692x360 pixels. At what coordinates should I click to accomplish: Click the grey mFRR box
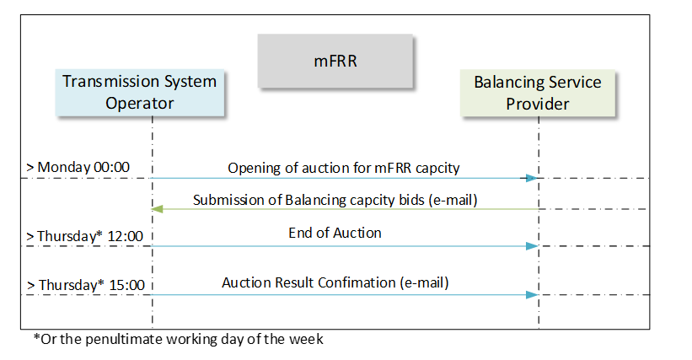point(335,61)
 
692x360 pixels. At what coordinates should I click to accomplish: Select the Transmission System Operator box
point(139,93)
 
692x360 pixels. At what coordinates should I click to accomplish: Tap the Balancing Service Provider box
point(538,93)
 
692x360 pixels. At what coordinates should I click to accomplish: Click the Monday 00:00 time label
point(78,167)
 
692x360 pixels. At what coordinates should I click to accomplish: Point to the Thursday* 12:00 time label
point(85,236)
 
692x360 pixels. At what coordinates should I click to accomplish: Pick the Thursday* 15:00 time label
point(86,285)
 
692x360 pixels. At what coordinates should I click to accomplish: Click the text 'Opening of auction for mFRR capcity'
point(344,168)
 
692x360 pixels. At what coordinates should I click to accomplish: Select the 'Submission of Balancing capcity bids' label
point(308,201)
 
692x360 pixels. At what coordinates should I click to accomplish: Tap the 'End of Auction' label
point(335,233)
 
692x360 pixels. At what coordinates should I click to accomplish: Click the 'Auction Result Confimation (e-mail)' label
point(335,282)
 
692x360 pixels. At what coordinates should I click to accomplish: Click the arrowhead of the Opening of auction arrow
point(532,178)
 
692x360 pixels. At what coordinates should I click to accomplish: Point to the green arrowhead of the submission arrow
point(158,209)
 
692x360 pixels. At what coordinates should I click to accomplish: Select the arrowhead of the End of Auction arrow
point(532,246)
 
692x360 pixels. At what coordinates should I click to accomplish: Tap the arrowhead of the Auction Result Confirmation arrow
point(532,295)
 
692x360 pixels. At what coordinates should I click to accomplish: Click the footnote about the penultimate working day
point(179,339)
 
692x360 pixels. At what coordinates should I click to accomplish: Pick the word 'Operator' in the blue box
point(139,103)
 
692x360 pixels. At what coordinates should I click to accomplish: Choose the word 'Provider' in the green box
point(538,104)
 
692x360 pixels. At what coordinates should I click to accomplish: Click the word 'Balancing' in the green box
point(507,83)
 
